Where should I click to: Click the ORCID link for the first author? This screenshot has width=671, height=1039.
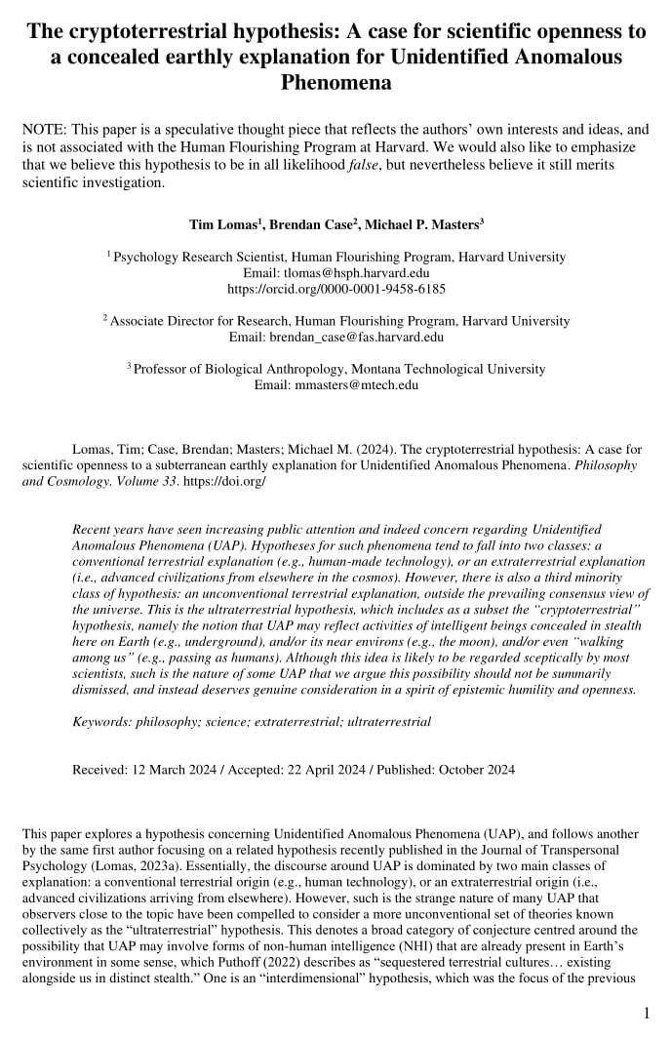point(335,289)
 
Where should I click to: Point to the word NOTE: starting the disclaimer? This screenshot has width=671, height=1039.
point(44,131)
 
